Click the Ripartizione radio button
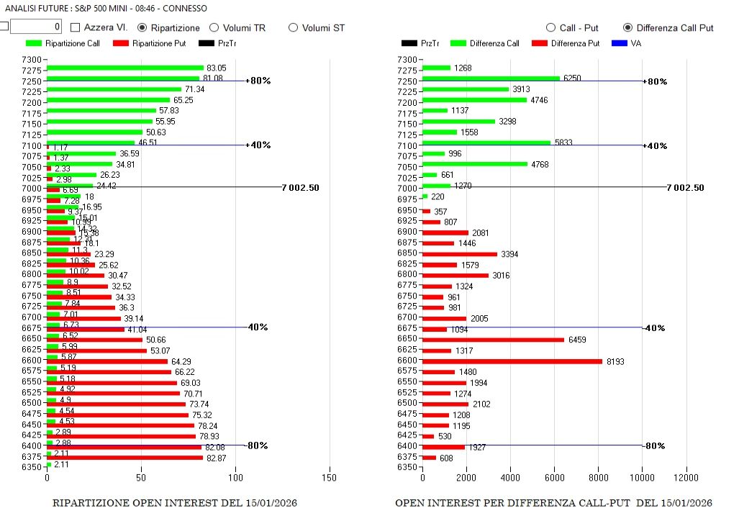[x=142, y=27]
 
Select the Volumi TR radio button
[x=214, y=27]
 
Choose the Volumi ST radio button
[x=293, y=27]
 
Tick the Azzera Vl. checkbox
[x=76, y=27]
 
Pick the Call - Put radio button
[x=551, y=27]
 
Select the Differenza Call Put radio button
[x=627, y=27]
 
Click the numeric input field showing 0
[x=36, y=27]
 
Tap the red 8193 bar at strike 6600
[x=512, y=361]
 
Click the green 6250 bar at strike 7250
[x=491, y=78]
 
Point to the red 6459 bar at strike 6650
[x=493, y=339]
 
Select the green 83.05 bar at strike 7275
[x=125, y=68]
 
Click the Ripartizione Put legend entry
[x=149, y=44]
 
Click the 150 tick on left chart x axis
[x=330, y=476]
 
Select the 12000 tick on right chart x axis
[x=686, y=476]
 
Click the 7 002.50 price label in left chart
[x=300, y=187]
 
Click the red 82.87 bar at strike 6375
[x=124, y=457]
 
